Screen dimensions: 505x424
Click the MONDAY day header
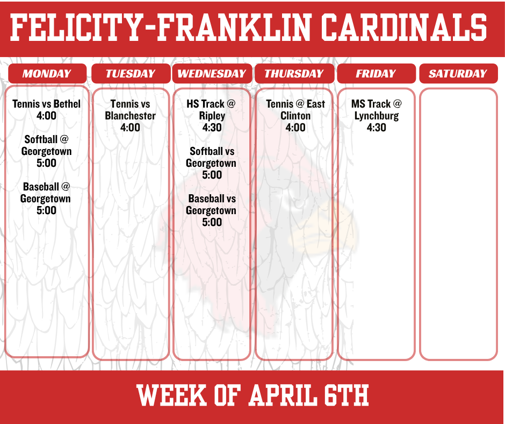[47, 74]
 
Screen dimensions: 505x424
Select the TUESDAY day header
[131, 74]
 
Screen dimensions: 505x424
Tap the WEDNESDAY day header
[212, 74]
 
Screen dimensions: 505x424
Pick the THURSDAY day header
[294, 74]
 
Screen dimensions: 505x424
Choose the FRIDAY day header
[376, 74]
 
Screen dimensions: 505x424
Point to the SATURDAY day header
[458, 74]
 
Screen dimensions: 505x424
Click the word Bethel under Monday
[67, 104]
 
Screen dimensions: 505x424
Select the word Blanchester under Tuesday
[130, 116]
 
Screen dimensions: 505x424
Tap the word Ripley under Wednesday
[212, 116]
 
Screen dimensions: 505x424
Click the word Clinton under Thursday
[295, 116]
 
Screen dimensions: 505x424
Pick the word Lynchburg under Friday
[377, 116]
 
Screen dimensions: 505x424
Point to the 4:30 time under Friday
[376, 128]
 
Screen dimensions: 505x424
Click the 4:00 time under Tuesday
[130, 128]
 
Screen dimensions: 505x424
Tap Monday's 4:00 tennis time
[46, 116]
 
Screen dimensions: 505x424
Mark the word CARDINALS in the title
[404, 27]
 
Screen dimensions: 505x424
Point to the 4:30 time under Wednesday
[212, 128]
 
